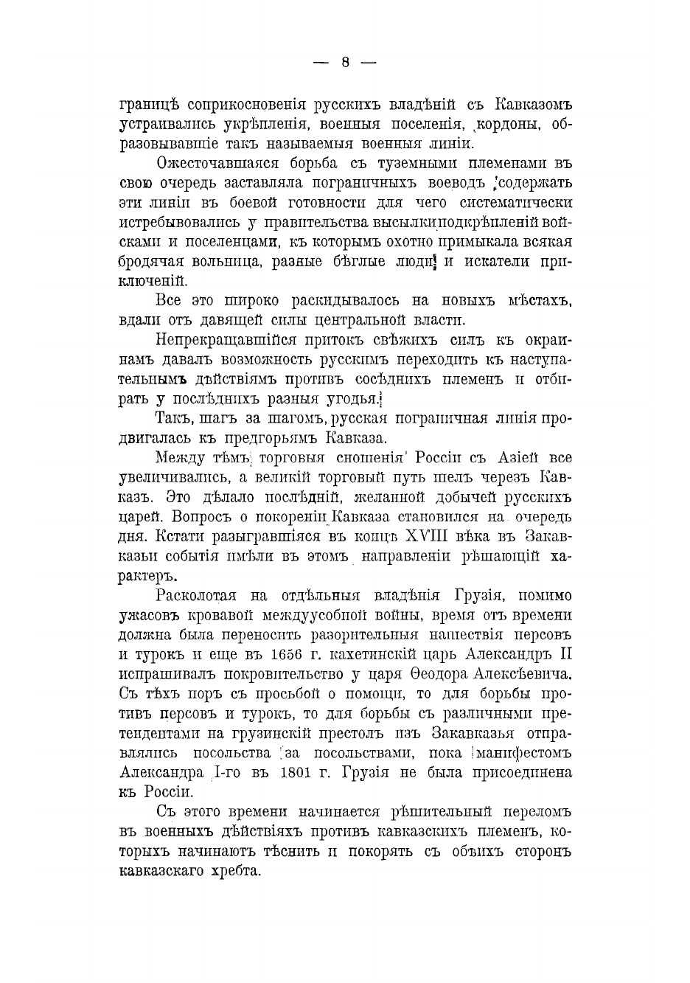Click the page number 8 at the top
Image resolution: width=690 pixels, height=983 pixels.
point(345,63)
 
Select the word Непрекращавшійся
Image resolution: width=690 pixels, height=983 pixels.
point(226,340)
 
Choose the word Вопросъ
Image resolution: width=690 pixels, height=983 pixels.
point(184,516)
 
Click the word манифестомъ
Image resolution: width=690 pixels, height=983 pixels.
point(524,753)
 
